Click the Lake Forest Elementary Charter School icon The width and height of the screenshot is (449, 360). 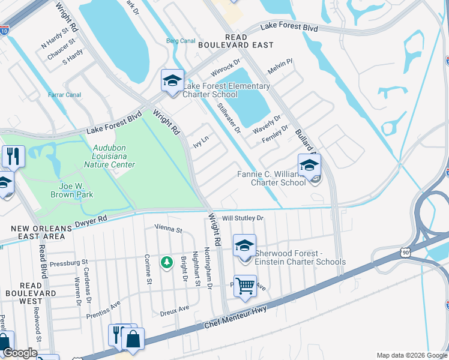coord(172,81)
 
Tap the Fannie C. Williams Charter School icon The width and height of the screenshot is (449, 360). coord(309,166)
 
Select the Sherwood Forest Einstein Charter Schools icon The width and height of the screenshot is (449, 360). coord(244,246)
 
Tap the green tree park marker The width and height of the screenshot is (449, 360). coord(166,262)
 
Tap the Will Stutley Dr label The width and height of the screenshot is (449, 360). coord(243,218)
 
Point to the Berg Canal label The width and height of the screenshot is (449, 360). coord(181,41)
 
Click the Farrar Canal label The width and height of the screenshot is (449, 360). coord(65,94)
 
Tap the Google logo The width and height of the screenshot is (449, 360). coord(20,353)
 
